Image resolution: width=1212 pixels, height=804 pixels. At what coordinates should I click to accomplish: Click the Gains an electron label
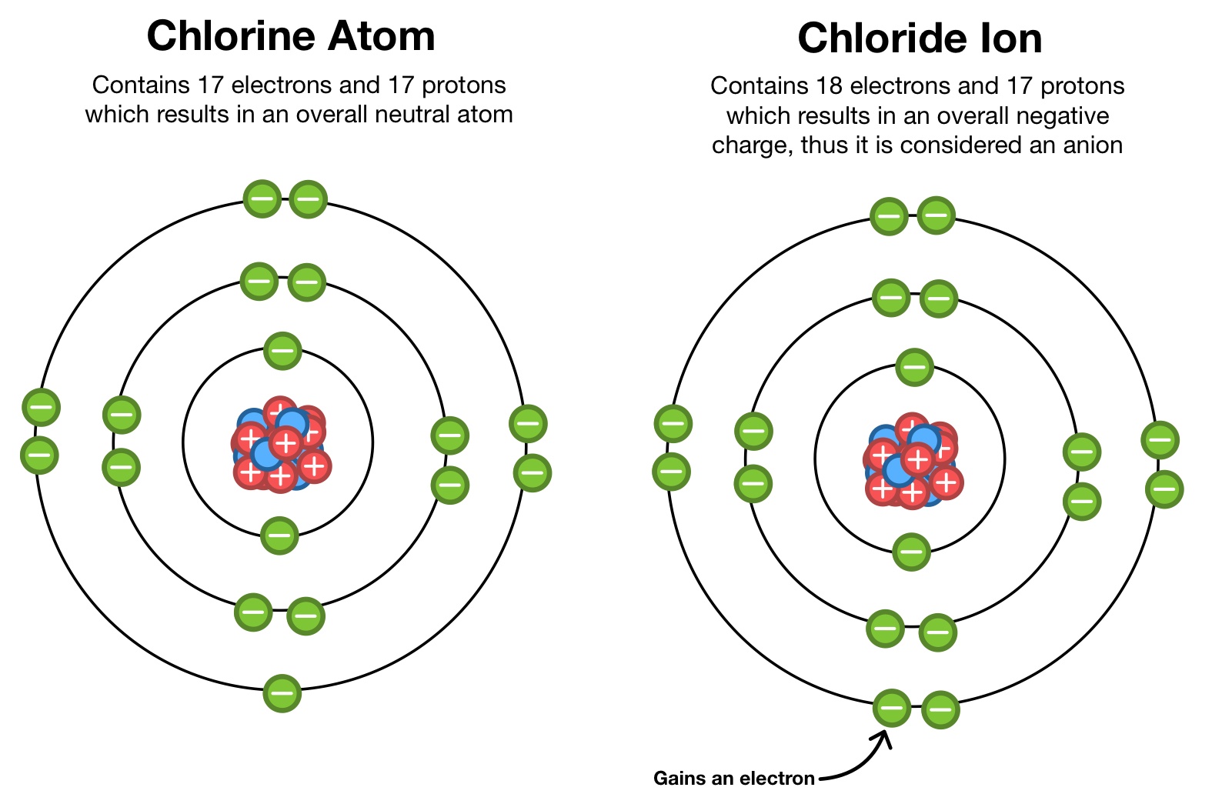click(733, 779)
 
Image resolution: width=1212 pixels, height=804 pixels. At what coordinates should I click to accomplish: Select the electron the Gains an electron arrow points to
click(892, 708)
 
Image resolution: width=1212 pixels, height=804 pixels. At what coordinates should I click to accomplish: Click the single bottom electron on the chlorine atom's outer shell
click(282, 693)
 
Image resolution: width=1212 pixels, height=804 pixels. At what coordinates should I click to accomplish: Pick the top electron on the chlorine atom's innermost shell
click(282, 352)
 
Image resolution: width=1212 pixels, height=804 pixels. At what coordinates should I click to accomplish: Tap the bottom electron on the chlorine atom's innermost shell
click(279, 535)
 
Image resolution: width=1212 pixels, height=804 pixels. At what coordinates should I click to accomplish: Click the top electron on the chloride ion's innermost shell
click(914, 367)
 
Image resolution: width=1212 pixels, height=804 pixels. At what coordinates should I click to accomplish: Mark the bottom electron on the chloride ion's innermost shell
click(912, 552)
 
